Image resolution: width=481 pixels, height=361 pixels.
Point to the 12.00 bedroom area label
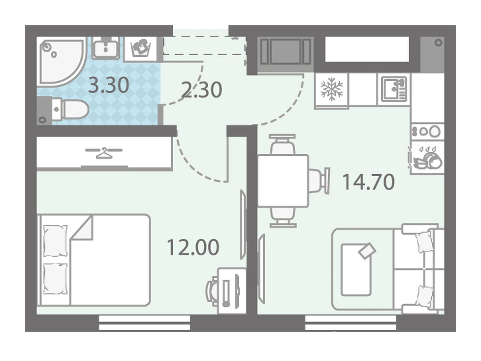point(193,247)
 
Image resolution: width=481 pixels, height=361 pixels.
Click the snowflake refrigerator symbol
point(331,89)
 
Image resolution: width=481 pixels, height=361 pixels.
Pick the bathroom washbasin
point(106,48)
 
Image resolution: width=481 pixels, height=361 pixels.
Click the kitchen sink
point(394,89)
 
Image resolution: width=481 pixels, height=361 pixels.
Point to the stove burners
point(427,132)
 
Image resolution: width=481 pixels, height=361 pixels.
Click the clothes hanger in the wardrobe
point(104,153)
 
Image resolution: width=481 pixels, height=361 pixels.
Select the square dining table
point(283,181)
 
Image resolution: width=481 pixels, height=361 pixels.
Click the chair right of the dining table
point(319,181)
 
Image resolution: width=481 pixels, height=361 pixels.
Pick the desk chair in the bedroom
point(212,292)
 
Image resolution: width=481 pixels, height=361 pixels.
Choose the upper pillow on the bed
point(55,241)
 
